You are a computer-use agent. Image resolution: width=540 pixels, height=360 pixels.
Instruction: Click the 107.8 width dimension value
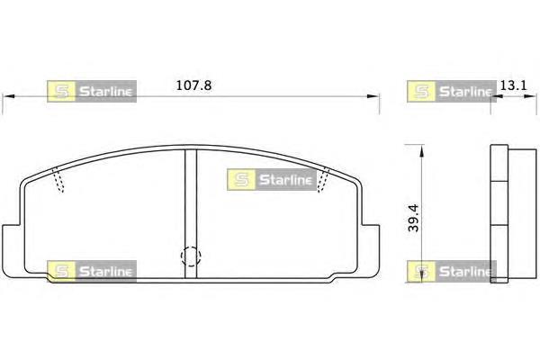point(193,85)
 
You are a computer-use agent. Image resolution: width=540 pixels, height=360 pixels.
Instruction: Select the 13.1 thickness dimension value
point(513,85)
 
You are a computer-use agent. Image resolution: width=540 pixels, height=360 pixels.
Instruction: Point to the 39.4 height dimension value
point(413,218)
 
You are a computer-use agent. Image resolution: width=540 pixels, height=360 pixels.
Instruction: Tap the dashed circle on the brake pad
point(191,256)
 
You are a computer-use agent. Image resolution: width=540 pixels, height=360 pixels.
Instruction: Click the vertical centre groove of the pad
point(191,213)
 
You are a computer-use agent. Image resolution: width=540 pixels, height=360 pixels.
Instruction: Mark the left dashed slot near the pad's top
point(58,180)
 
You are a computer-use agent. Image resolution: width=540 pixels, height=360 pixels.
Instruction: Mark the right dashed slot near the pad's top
point(323,180)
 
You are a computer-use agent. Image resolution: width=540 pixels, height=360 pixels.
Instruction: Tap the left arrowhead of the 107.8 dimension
point(8,96)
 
